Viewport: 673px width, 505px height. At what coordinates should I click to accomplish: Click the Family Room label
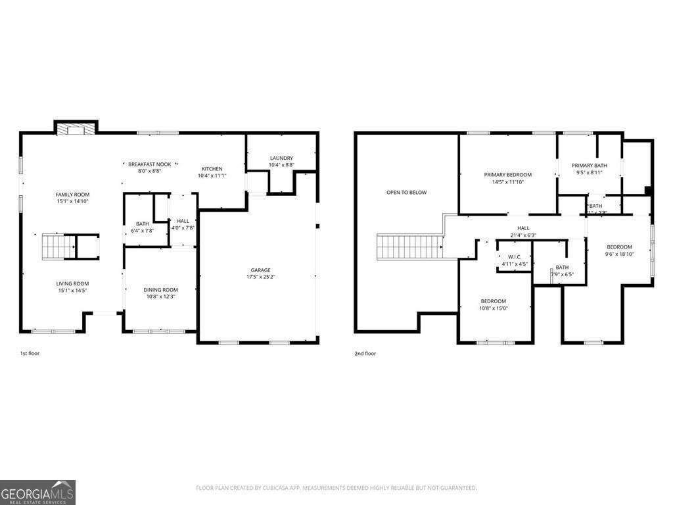(x=72, y=195)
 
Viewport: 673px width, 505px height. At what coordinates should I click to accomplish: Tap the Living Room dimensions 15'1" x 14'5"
(x=72, y=290)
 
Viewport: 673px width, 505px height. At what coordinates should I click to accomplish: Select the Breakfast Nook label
(x=150, y=164)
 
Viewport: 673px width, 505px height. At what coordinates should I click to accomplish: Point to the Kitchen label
(x=212, y=169)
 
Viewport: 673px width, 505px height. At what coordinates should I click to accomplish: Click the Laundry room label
(x=281, y=158)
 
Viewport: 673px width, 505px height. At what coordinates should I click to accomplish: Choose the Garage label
(x=260, y=270)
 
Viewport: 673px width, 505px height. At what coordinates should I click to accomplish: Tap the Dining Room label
(x=161, y=290)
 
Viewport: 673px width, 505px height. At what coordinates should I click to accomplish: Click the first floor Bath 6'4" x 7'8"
(x=143, y=228)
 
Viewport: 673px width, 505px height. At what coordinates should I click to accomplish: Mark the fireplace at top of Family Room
(x=75, y=129)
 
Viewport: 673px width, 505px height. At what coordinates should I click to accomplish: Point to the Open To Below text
(x=406, y=193)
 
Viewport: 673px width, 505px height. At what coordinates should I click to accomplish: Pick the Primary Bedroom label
(x=508, y=175)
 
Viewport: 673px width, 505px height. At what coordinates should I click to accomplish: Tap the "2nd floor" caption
(x=365, y=354)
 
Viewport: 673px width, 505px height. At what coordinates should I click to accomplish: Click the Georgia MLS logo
(x=37, y=493)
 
